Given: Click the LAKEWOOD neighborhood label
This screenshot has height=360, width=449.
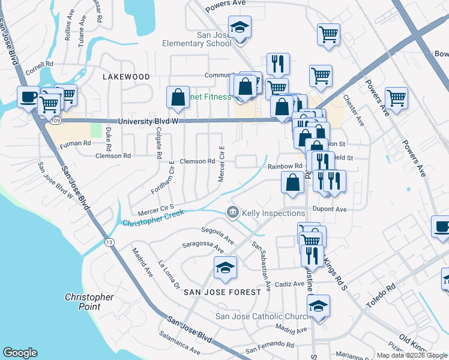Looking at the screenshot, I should (x=125, y=77).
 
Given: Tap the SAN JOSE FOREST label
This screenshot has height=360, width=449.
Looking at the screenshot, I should (x=222, y=292).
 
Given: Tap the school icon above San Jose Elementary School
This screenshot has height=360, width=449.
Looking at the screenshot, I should (x=240, y=28).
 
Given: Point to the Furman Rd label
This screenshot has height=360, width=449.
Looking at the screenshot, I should (x=75, y=143).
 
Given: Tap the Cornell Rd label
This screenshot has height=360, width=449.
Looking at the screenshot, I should (x=40, y=63).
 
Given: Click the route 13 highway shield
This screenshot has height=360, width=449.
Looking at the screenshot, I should (x=109, y=242).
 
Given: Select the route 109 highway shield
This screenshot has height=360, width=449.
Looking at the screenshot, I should (x=56, y=121).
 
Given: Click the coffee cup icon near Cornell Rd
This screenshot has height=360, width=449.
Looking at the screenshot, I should (x=28, y=97).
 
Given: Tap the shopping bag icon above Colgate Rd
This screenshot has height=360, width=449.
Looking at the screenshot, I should (x=178, y=97).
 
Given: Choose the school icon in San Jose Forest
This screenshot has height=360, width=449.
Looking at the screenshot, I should (x=226, y=268).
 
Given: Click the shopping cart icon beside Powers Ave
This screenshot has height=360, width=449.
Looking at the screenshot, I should (x=397, y=97).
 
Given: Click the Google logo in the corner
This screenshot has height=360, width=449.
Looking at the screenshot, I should (x=20, y=353).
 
